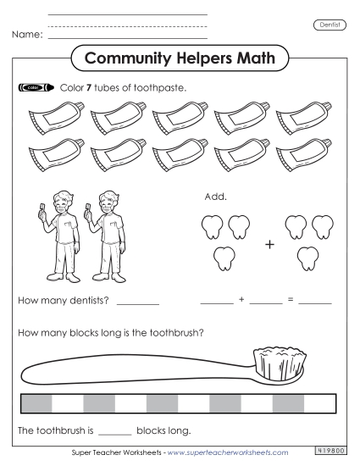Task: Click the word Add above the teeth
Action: click(x=215, y=197)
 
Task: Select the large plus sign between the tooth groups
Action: click(x=270, y=245)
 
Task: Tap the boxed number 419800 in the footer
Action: click(x=331, y=452)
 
